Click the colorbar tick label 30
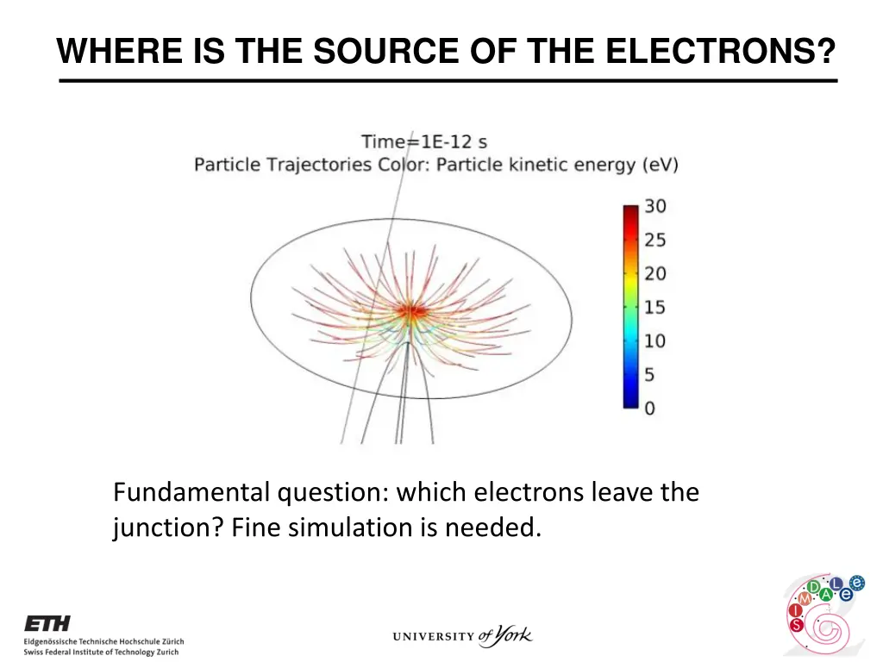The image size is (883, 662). [x=655, y=207]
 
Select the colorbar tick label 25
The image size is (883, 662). [x=655, y=240]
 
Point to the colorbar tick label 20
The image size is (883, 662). [x=655, y=274]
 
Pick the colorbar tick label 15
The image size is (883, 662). [x=655, y=308]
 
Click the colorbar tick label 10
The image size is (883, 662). [x=655, y=341]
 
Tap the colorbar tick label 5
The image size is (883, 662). [x=650, y=375]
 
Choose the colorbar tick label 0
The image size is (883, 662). [x=650, y=408]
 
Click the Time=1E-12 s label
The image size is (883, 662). [x=423, y=141]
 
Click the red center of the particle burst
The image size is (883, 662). [x=411, y=309]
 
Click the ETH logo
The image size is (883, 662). [x=47, y=623]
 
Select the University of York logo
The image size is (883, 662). [x=462, y=637]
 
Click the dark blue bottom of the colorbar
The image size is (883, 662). [x=631, y=401]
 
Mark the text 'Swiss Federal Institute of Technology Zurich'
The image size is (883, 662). [x=101, y=653]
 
